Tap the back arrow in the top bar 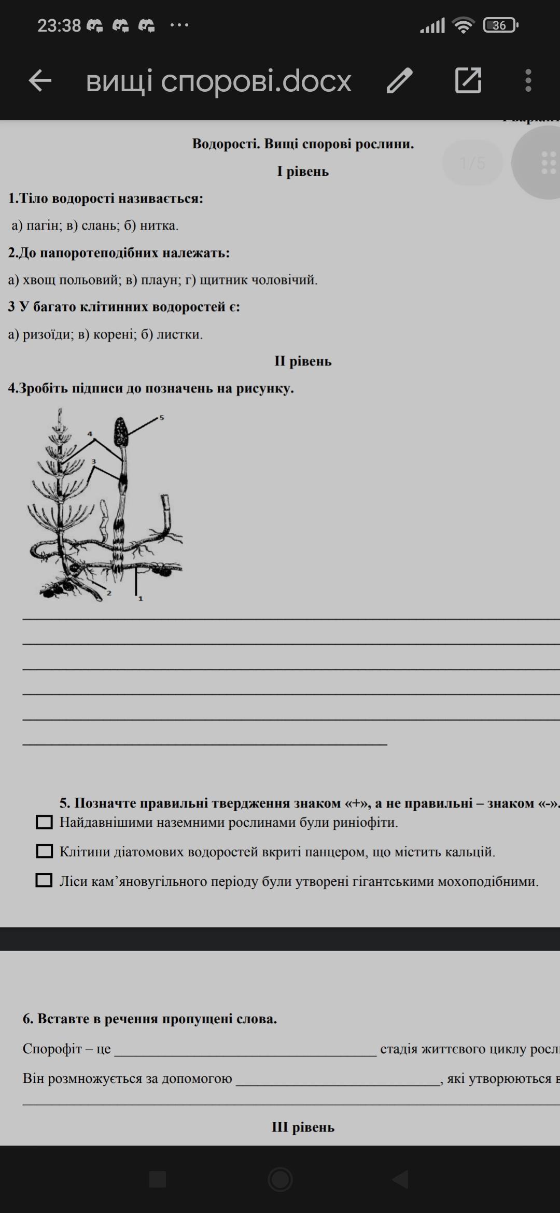pyautogui.click(x=40, y=81)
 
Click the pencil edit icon pyautogui.click(x=399, y=81)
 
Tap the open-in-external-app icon pyautogui.click(x=468, y=81)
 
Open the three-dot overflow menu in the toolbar pyautogui.click(x=528, y=81)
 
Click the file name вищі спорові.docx pyautogui.click(x=218, y=81)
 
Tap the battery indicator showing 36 pyautogui.click(x=500, y=25)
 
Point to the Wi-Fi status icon pyautogui.click(x=463, y=25)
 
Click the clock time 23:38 pyautogui.click(x=59, y=25)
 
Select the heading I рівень pyautogui.click(x=303, y=171)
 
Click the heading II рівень pyautogui.click(x=303, y=361)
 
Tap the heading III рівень pyautogui.click(x=303, y=1127)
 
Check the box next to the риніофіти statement pyautogui.click(x=44, y=822)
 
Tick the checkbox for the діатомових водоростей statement pyautogui.click(x=44, y=851)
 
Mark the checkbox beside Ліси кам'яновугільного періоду pyautogui.click(x=44, y=880)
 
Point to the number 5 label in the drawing pyautogui.click(x=161, y=417)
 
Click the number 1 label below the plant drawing pyautogui.click(x=140, y=598)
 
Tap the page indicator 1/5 pyautogui.click(x=472, y=163)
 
